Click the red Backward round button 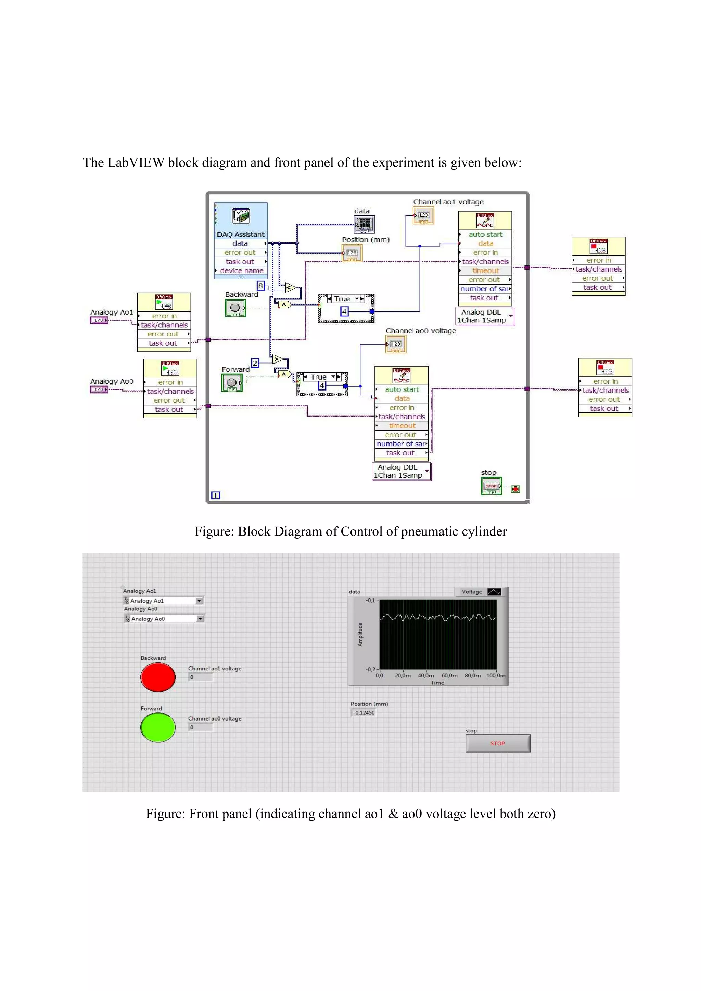tap(158, 677)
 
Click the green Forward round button tap(158, 727)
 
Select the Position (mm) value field tap(363, 713)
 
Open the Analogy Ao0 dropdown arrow tap(200, 619)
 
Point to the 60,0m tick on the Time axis tap(449, 675)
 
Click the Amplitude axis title tap(360, 634)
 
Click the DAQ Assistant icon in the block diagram tap(241, 215)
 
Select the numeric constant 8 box tap(260, 286)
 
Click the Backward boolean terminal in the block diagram tap(235, 308)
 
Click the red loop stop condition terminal tap(515, 489)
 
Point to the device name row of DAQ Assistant tap(241, 270)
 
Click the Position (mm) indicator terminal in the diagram tap(352, 253)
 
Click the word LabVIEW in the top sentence tap(136, 163)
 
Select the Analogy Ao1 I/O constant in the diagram tap(99, 320)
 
